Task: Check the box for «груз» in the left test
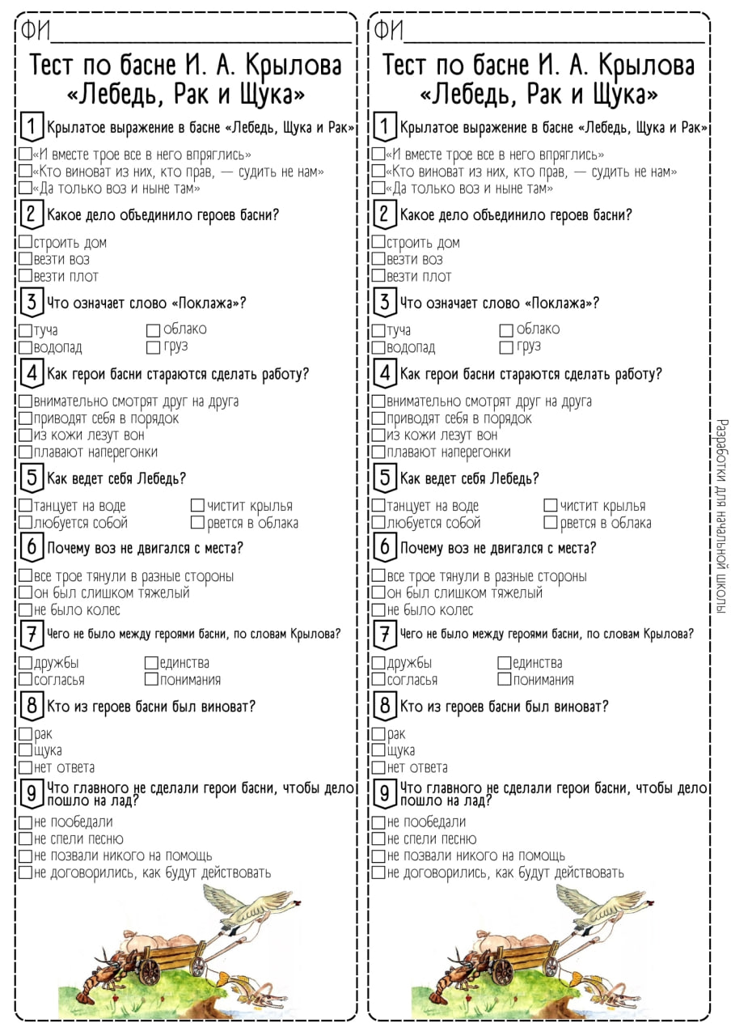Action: [x=153, y=347]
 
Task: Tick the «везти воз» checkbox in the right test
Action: [x=378, y=260]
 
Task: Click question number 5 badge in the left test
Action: [x=32, y=478]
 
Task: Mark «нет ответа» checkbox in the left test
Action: [x=25, y=767]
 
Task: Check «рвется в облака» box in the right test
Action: [x=551, y=523]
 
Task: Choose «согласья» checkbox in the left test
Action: [x=26, y=680]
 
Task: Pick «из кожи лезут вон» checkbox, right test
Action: [x=378, y=435]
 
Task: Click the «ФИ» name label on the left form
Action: [x=36, y=32]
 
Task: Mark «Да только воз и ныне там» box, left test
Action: [x=25, y=189]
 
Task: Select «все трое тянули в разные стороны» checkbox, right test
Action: [x=378, y=576]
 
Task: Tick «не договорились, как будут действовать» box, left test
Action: [x=25, y=873]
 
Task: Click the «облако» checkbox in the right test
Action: [x=506, y=330]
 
